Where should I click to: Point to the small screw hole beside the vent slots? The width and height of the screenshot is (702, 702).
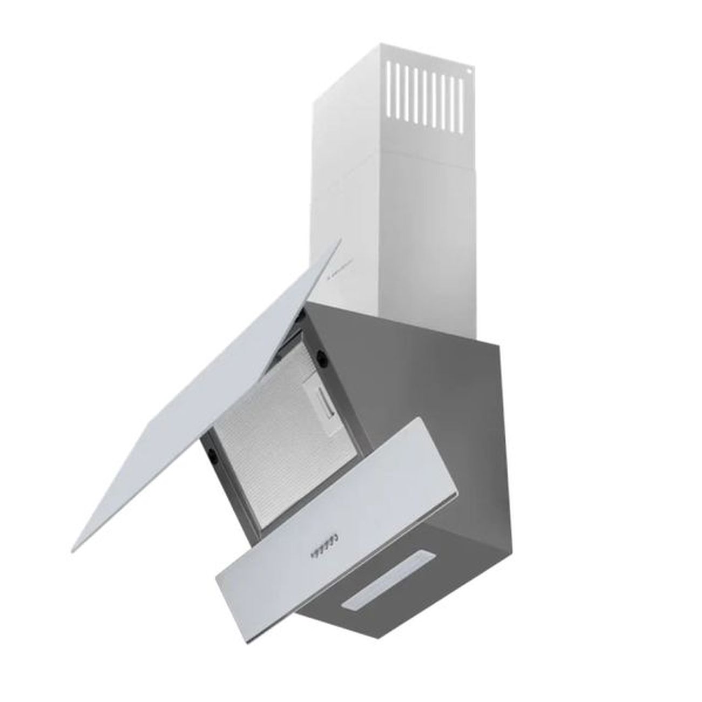click(x=469, y=71)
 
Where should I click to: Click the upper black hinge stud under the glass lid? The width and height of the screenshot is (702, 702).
click(x=322, y=355)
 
